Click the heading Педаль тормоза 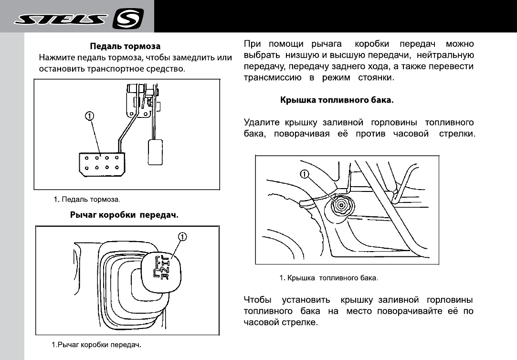coord(126,46)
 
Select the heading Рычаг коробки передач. coord(124,215)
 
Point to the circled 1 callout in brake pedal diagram coord(89,116)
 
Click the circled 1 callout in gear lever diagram coord(182,236)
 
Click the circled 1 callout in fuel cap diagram coord(305,173)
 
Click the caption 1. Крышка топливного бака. coord(328,277)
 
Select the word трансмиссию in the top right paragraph coord(271,77)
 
